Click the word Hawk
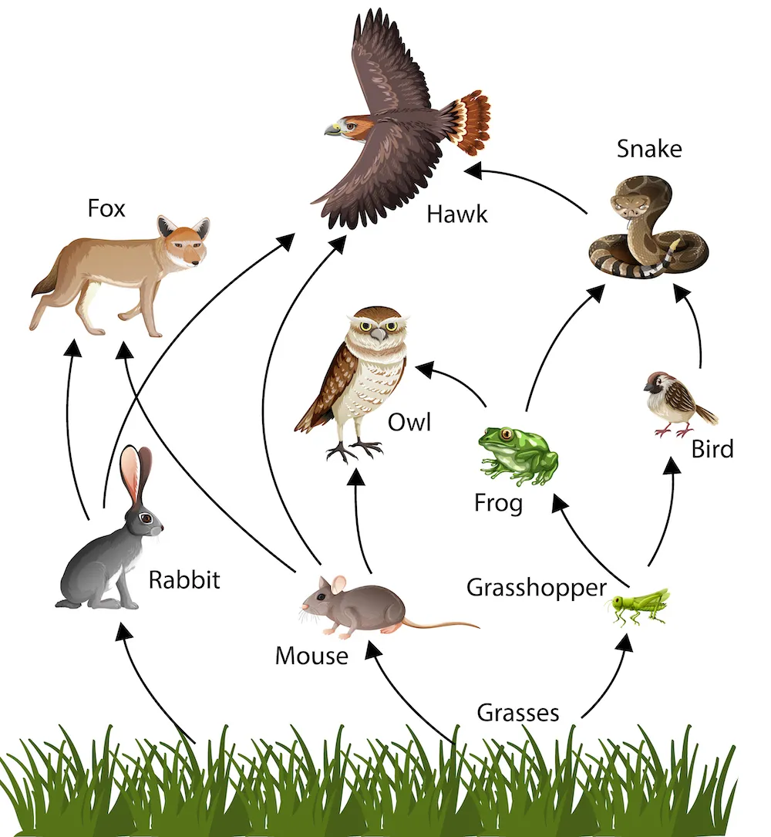[457, 213]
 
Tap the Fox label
[106, 208]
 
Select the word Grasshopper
[537, 588]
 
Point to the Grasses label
[517, 712]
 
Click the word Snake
[649, 148]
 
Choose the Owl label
[409, 422]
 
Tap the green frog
[517, 455]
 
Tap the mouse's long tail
[439, 623]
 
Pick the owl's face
[376, 328]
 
